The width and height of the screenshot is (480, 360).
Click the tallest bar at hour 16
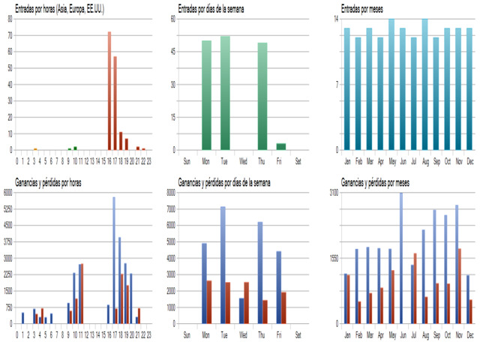point(109,90)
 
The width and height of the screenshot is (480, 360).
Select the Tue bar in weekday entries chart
point(225,93)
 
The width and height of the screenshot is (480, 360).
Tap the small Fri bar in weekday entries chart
point(281,146)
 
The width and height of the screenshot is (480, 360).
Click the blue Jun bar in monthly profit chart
point(400,258)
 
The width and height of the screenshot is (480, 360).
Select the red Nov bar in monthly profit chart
point(460,286)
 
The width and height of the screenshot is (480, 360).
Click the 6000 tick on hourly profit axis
point(7,192)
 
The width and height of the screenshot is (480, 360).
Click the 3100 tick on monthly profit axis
point(334,192)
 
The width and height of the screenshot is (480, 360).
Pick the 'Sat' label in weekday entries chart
point(298,160)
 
